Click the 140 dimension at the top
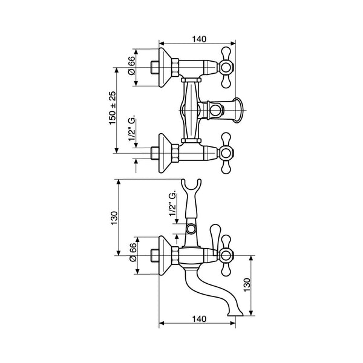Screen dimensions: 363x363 point(199,39)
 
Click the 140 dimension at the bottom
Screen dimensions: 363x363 point(199,319)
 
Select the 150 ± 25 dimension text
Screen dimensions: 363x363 point(113,108)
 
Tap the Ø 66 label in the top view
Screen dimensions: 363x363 point(131,65)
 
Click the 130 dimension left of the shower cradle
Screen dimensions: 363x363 point(114,218)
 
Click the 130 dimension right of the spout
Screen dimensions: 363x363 point(247,285)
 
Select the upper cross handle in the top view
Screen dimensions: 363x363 point(226,68)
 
